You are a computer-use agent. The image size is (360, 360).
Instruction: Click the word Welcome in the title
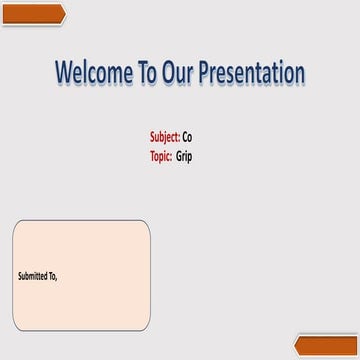click(x=93, y=73)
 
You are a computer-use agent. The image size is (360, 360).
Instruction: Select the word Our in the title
click(x=182, y=73)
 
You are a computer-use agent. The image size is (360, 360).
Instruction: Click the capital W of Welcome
click(x=66, y=73)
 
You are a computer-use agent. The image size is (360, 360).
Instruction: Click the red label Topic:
click(x=162, y=155)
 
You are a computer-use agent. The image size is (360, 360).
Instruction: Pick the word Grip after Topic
click(x=185, y=156)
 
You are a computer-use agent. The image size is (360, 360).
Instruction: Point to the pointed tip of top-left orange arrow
click(x=66, y=13)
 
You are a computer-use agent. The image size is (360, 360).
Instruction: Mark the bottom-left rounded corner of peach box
click(x=17, y=328)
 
